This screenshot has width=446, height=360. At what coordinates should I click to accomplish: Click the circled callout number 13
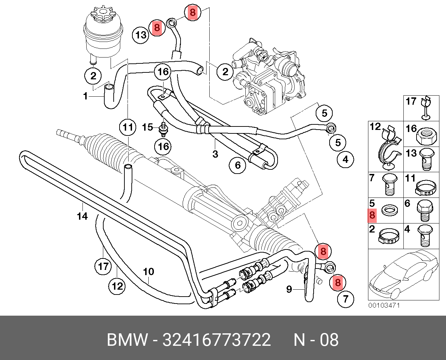pos(141,35)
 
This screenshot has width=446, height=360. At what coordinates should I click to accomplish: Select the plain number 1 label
pos(85,96)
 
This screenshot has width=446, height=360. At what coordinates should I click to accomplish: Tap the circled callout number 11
pos(128,127)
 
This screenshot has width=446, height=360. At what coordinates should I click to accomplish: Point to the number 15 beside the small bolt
pos(147,127)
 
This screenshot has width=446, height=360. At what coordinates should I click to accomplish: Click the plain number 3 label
pos(215,154)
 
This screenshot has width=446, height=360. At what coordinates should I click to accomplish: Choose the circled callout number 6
pos(238,165)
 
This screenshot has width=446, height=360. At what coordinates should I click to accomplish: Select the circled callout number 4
pos(345,159)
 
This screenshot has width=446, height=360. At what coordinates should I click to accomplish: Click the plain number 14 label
pos(82,216)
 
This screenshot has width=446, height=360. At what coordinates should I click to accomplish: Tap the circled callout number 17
pos(103,266)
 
